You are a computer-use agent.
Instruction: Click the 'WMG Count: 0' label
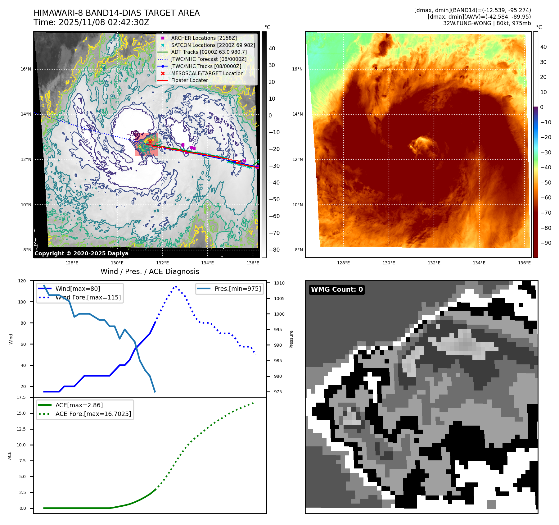337,290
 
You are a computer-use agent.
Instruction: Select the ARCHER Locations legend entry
204,38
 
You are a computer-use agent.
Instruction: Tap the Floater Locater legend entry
189,80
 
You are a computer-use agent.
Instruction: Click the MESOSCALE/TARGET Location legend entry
207,73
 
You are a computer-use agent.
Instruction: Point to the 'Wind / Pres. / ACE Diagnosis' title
150,272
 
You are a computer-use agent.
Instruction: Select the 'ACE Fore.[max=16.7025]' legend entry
93,414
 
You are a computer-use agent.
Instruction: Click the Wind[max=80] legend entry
78,289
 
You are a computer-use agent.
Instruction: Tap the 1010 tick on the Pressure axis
279,283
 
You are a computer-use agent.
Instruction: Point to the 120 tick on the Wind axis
22,281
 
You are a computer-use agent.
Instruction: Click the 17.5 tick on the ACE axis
21,397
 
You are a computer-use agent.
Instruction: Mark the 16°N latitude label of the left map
26,69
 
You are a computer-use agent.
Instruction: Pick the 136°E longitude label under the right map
524,263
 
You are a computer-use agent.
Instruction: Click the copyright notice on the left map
81,253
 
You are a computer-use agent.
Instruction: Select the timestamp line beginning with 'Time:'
92,22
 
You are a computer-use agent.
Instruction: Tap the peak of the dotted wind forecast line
176,286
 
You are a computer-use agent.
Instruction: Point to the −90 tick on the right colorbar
546,243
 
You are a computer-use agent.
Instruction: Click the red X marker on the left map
150,142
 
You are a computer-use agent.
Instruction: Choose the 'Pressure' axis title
291,339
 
